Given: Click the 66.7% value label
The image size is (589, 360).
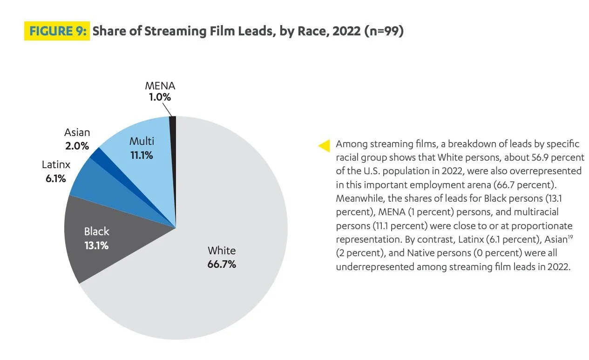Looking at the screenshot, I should (x=222, y=264).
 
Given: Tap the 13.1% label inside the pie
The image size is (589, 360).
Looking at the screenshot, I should (x=96, y=245).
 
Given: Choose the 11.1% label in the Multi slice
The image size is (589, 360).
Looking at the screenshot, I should (x=141, y=155).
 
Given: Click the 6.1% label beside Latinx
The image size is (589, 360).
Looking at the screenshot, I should (x=56, y=178).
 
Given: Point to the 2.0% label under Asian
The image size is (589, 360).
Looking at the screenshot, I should (x=77, y=146).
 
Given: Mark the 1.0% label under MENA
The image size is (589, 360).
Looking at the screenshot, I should (x=160, y=97).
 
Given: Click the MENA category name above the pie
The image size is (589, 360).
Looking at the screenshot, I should (x=160, y=86).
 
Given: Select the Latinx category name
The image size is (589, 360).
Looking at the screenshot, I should (x=56, y=165).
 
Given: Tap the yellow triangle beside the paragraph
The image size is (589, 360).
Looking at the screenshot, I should (x=324, y=145).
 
